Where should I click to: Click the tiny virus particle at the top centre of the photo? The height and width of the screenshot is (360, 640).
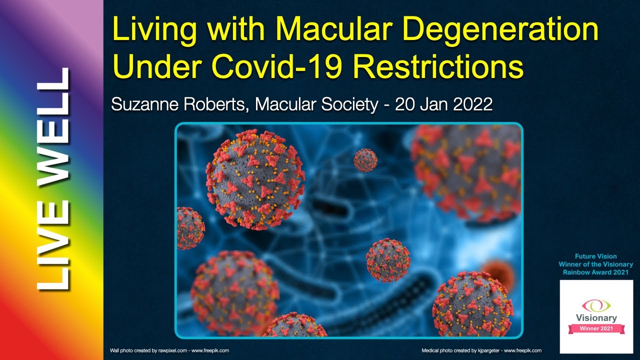365,159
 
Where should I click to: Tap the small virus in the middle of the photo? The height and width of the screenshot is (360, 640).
387,260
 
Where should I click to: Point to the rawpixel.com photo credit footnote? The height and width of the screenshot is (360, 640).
169,350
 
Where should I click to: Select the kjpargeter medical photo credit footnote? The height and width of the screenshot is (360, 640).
481,350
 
